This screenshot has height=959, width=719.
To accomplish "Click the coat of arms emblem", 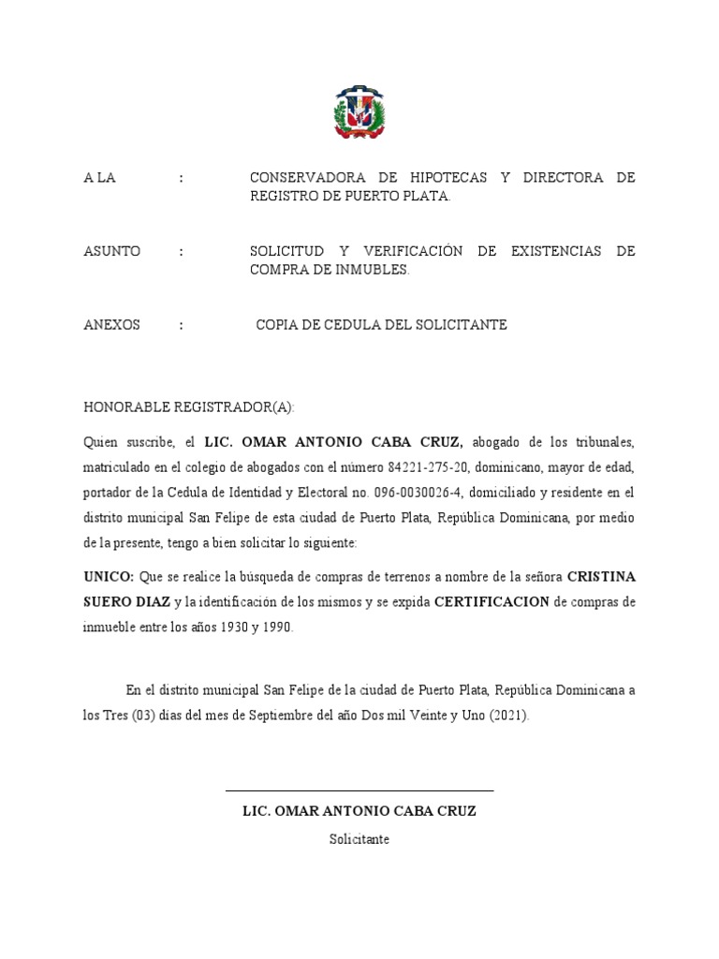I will [359, 112].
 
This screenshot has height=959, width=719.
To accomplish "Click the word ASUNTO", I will [111, 251].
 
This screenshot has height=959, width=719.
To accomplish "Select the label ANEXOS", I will [111, 324].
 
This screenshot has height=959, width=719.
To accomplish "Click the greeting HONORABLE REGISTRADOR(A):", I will [189, 406].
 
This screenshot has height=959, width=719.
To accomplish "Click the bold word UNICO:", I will [109, 576].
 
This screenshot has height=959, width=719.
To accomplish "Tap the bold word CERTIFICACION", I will [492, 601].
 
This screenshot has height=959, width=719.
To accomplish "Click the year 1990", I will [277, 627].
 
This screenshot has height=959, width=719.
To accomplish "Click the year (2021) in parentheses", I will [507, 716].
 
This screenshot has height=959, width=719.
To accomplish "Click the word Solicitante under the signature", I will [359, 839].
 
